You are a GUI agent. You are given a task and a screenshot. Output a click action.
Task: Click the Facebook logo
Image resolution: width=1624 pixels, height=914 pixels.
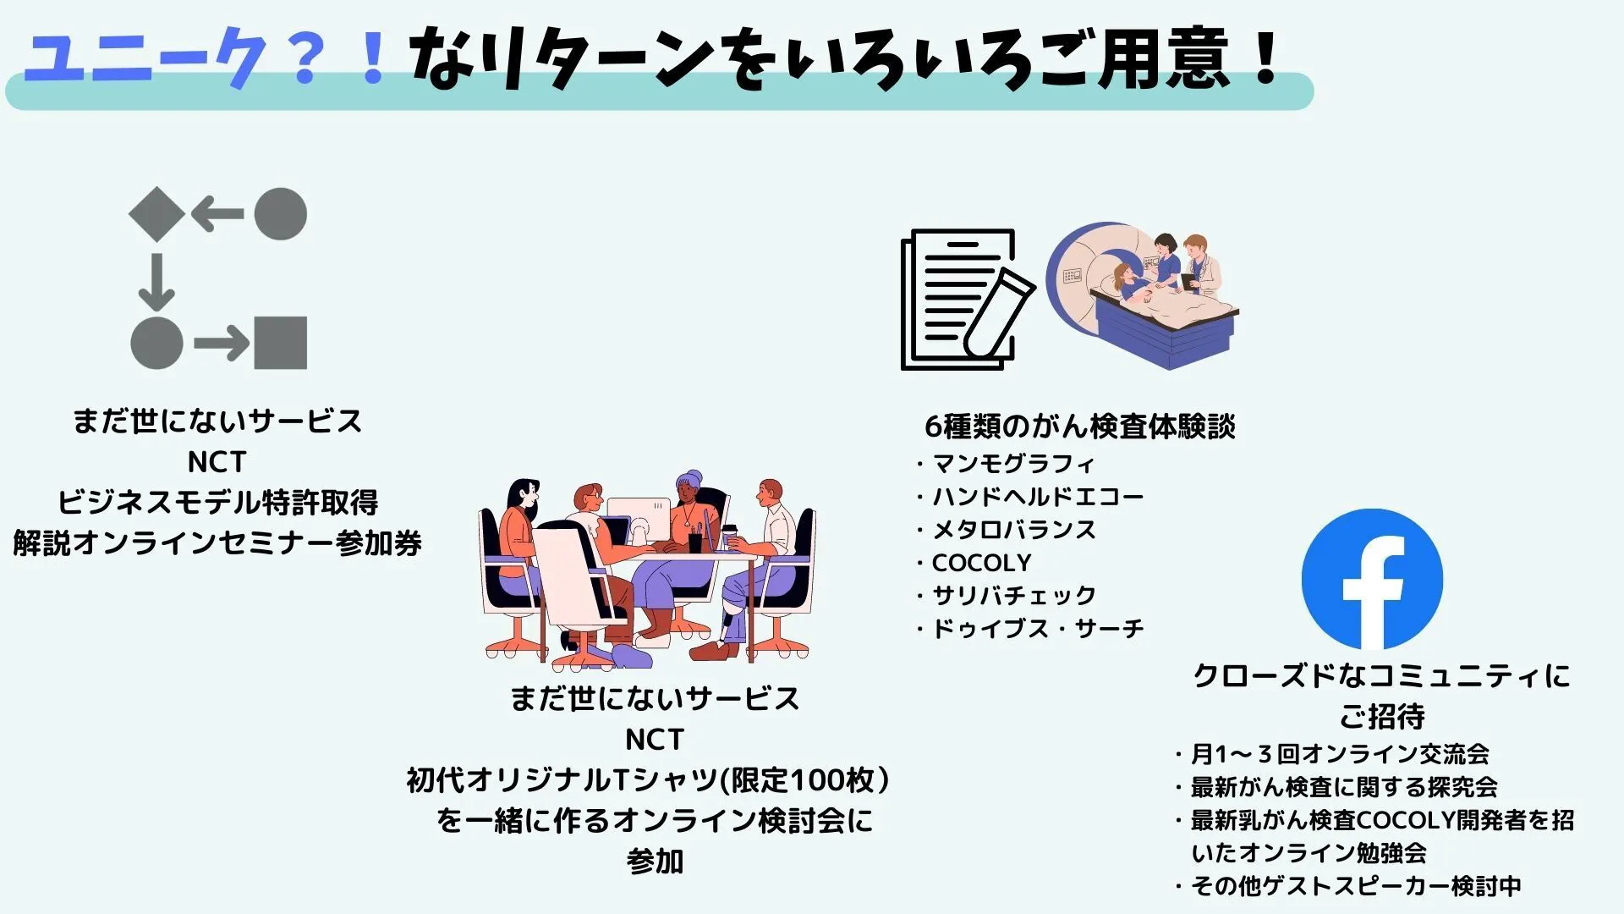(x=1372, y=579)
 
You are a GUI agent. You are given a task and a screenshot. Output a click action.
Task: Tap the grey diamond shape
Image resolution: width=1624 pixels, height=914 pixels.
(x=156, y=214)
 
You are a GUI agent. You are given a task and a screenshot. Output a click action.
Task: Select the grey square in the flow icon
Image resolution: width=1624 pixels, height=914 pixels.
(x=280, y=343)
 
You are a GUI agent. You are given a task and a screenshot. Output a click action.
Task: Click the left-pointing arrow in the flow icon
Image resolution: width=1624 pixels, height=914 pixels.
(x=217, y=214)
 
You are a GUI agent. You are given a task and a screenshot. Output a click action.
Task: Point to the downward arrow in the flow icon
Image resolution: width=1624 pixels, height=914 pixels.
(x=156, y=282)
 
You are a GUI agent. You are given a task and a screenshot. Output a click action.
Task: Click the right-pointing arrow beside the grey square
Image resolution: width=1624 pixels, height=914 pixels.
(x=222, y=343)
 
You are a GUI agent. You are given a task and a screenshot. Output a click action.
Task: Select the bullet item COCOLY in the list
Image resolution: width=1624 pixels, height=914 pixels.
(x=974, y=563)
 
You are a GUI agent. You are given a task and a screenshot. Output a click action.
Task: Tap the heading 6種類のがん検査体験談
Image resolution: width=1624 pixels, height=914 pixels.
(x=1079, y=427)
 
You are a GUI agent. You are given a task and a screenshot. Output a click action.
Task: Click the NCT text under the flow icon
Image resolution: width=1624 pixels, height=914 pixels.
(x=217, y=462)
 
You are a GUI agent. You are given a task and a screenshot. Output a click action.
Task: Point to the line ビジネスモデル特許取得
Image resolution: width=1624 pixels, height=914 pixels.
(x=217, y=503)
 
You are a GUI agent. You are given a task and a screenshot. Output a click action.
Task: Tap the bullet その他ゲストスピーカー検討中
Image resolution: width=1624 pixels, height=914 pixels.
(x=1348, y=886)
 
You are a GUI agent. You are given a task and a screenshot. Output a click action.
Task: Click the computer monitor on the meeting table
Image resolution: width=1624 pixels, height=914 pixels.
(x=639, y=521)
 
